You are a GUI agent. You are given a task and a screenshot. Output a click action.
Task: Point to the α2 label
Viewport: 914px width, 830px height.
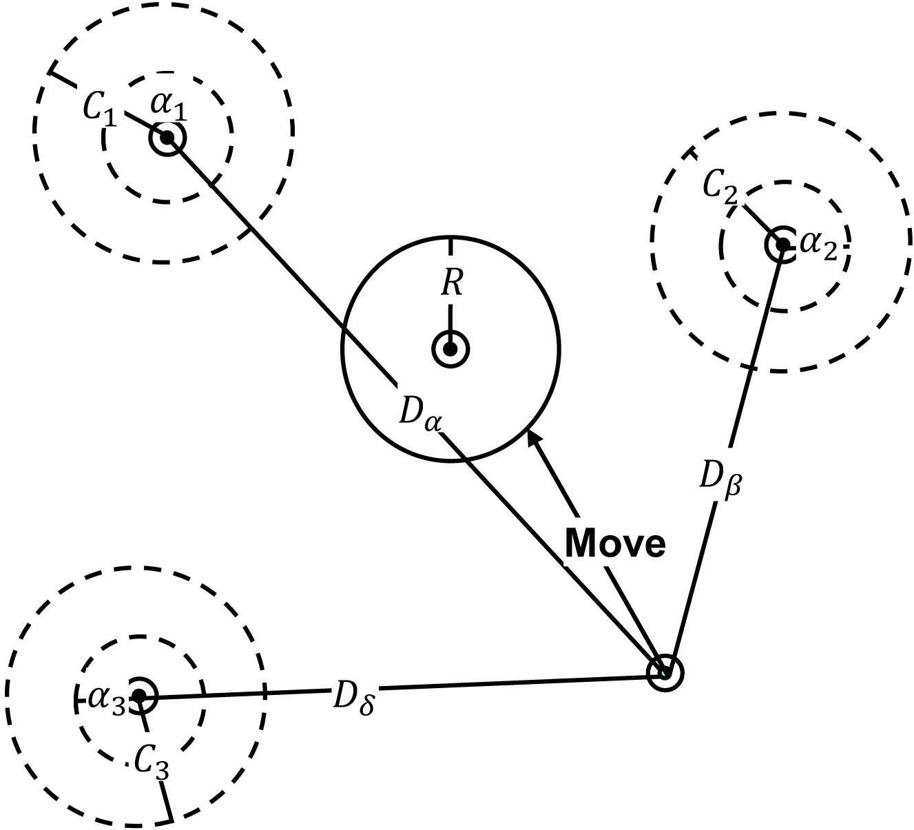click(x=820, y=246)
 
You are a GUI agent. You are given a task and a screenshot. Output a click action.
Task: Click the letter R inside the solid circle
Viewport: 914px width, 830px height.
click(x=451, y=282)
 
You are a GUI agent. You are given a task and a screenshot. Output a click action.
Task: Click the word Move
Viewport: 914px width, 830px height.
click(x=615, y=544)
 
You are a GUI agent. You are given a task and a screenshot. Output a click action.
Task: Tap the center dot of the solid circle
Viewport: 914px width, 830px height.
click(x=450, y=349)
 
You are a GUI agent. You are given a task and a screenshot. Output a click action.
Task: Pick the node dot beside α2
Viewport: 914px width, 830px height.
click(x=782, y=245)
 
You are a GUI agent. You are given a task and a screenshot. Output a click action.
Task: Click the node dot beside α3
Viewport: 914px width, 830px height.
click(x=140, y=696)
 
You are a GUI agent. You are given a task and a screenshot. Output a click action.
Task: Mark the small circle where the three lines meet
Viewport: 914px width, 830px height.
click(x=665, y=672)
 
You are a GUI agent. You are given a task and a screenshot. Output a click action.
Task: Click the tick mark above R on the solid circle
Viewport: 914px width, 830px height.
click(x=450, y=244)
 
